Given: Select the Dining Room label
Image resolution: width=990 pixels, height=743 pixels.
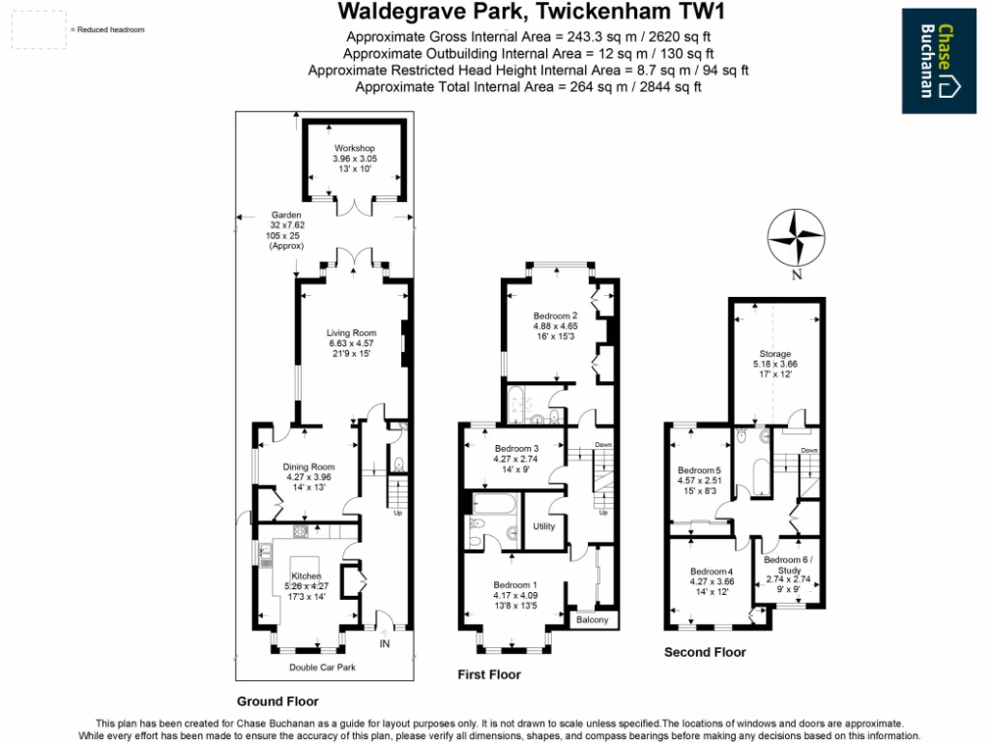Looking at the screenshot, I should (x=307, y=466).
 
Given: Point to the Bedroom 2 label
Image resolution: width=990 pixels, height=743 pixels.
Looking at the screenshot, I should (x=555, y=315).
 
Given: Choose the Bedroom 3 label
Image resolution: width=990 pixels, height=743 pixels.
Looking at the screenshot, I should (x=516, y=448).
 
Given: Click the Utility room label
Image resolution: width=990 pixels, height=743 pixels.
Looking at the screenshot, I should (x=544, y=526).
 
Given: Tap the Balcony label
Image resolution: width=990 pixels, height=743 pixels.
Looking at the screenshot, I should (x=592, y=619).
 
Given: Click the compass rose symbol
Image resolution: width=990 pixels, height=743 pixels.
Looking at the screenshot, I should (x=795, y=237).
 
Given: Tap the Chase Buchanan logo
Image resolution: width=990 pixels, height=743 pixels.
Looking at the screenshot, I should (x=939, y=61).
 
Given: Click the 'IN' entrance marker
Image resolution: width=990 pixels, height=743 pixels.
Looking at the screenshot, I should (x=385, y=642).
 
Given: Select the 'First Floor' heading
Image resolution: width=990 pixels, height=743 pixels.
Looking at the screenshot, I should (x=488, y=674).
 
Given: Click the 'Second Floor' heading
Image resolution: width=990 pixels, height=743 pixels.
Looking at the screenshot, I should (x=705, y=652).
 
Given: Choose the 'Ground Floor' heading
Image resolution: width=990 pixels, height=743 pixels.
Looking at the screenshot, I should (x=277, y=701).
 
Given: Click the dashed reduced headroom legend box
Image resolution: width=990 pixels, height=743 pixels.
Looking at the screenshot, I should (x=40, y=30).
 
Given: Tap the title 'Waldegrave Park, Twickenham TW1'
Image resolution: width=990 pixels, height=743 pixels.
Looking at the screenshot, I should (x=530, y=13).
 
